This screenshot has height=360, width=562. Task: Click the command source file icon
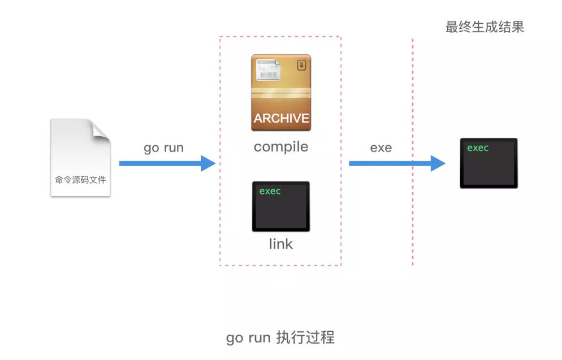(80, 158)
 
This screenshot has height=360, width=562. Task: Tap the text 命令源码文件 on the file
(80, 180)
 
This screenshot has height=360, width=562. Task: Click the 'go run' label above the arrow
(163, 148)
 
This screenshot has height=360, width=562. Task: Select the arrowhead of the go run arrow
(209, 164)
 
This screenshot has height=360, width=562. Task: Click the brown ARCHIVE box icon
(281, 93)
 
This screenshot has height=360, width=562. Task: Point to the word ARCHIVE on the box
(281, 119)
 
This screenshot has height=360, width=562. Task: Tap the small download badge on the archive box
(301, 65)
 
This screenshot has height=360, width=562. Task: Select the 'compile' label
(281, 147)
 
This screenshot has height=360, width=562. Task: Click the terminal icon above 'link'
(281, 206)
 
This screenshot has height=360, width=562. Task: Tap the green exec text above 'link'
(270, 191)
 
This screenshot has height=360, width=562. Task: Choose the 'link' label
(281, 244)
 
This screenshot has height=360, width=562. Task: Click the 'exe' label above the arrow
(381, 148)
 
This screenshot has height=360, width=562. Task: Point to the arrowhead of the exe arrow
(438, 164)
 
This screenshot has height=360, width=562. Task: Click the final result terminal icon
(488, 163)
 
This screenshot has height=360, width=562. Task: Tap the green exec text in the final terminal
(478, 148)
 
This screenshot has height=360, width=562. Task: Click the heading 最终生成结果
(485, 27)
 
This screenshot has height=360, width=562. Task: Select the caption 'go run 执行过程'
(280, 338)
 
